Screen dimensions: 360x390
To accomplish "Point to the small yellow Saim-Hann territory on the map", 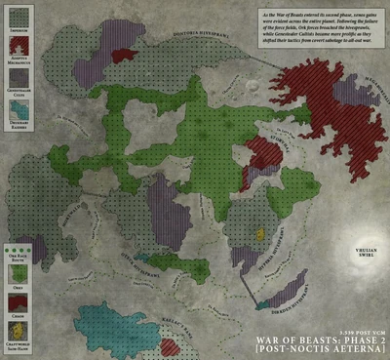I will pos(260,234).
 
